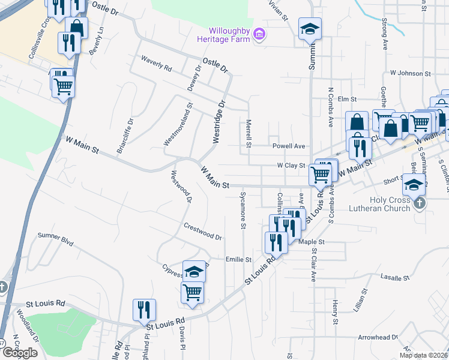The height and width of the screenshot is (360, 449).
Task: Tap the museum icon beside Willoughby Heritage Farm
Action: tap(259, 33)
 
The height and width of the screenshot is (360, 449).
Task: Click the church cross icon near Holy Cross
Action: tap(420, 203)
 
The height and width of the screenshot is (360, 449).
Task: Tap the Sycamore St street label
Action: tap(243, 210)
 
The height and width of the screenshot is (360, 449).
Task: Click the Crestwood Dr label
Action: tap(203, 233)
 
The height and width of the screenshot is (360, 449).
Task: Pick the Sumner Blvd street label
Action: tap(55, 241)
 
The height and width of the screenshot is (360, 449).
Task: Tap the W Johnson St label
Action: tap(410, 73)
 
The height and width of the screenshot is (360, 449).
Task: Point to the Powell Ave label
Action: tap(289, 146)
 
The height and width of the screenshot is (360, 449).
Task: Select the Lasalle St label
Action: tap(395, 278)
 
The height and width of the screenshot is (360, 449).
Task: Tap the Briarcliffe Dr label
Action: tap(125, 137)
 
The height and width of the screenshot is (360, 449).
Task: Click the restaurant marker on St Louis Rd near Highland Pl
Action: tap(144, 310)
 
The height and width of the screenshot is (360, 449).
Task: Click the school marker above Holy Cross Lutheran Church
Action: tap(413, 185)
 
